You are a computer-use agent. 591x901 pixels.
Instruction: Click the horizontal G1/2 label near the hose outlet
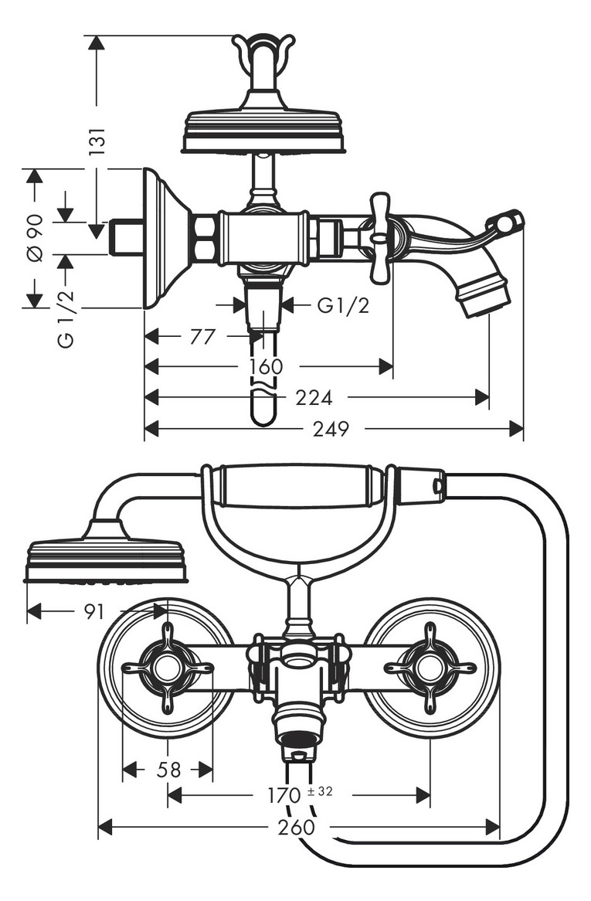[x=344, y=306]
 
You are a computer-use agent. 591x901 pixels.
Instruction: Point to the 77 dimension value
[x=202, y=336]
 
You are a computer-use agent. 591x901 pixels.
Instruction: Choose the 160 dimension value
[x=267, y=366]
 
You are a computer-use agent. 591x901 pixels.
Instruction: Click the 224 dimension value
[x=314, y=397]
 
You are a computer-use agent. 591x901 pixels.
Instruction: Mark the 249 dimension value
[x=331, y=428]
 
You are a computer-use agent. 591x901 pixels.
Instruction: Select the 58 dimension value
[x=169, y=769]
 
